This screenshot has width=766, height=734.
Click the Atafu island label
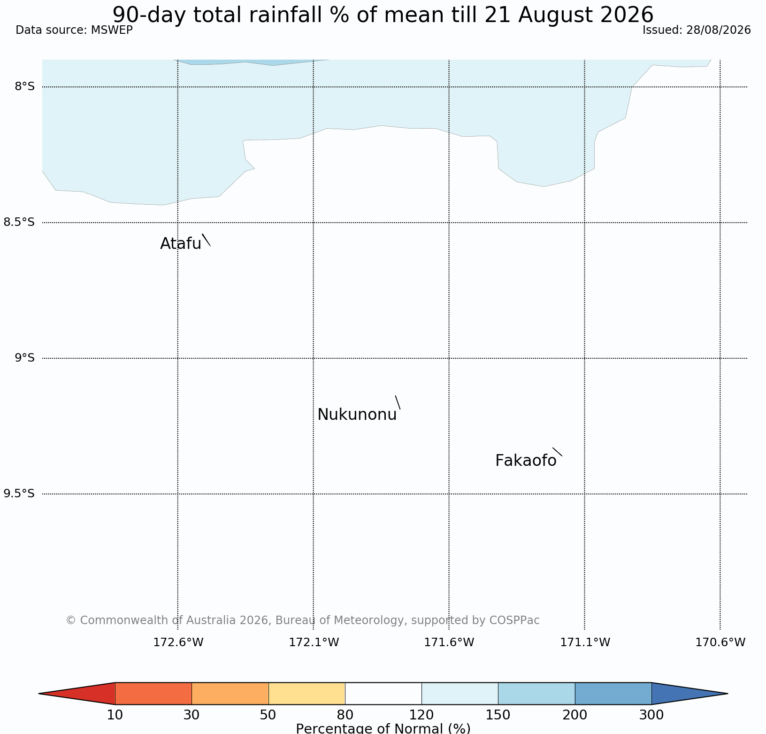[181, 243]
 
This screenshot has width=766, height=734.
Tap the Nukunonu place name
[357, 415]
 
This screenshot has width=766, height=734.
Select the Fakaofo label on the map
[526, 461]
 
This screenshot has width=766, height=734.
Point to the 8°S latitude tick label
[25, 86]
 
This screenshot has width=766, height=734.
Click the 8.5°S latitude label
[19, 222]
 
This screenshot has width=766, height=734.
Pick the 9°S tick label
[25, 358]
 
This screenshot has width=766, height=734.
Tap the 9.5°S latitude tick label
[19, 494]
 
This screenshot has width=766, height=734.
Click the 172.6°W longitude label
[178, 642]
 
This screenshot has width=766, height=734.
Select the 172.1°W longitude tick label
[314, 642]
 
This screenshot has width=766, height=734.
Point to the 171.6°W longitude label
[449, 642]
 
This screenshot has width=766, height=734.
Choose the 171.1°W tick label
[585, 642]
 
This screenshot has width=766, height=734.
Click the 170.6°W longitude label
[720, 642]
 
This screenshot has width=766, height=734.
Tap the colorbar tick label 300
[651, 715]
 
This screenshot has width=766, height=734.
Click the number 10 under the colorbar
[115, 715]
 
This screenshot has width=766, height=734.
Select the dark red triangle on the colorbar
[84, 694]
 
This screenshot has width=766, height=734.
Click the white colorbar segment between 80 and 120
[383, 694]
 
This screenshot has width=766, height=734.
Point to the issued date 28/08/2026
[719, 30]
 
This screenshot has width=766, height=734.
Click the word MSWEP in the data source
[112, 30]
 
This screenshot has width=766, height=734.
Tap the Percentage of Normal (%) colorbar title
[383, 728]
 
